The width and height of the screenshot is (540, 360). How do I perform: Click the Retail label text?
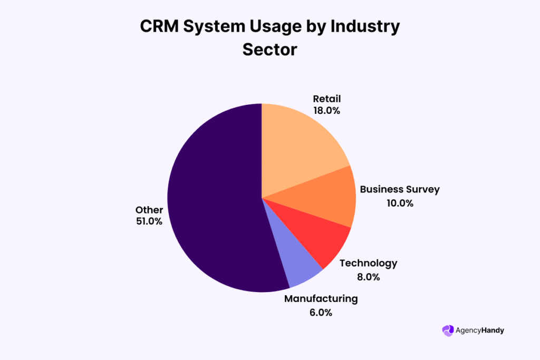point(326,99)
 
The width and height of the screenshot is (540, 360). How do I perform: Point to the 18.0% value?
point(326,111)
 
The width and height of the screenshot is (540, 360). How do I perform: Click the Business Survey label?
point(399,189)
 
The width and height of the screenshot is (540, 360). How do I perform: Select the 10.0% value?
point(399,203)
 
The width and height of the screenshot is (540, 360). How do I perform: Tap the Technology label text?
point(368,263)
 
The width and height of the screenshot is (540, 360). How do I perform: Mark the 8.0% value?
point(368,277)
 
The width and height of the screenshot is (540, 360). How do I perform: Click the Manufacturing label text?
point(321,299)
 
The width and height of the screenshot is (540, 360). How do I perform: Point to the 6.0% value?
point(321,312)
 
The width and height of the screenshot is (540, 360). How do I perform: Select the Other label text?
point(149,210)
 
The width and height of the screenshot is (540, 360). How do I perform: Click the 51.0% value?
point(149,221)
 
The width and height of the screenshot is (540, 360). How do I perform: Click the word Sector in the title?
point(270,50)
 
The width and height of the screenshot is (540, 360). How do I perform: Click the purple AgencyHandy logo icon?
point(448,330)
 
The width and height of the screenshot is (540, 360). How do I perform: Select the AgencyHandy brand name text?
point(480,330)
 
